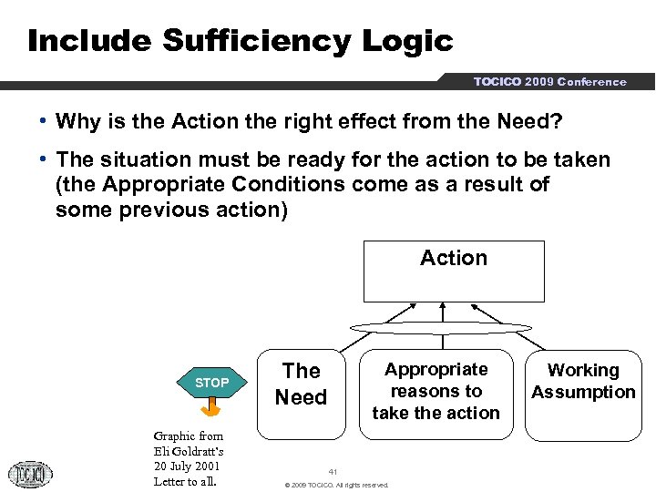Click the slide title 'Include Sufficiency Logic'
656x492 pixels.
pos(240,40)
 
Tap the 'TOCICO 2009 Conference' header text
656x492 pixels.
pos(549,82)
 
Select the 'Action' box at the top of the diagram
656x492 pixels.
pos(454,271)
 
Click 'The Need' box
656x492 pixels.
pos(301,384)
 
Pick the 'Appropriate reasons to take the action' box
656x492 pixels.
pos(436,391)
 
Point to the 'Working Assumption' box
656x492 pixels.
pos(583,381)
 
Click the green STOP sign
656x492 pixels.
pos(211,383)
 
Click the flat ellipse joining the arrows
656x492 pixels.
pos(441,328)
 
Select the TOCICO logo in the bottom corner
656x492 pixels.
pos(31,474)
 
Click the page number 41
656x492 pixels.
pos(333,472)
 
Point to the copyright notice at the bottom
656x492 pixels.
pos(336,485)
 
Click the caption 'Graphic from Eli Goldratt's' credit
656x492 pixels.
pos(189,444)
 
